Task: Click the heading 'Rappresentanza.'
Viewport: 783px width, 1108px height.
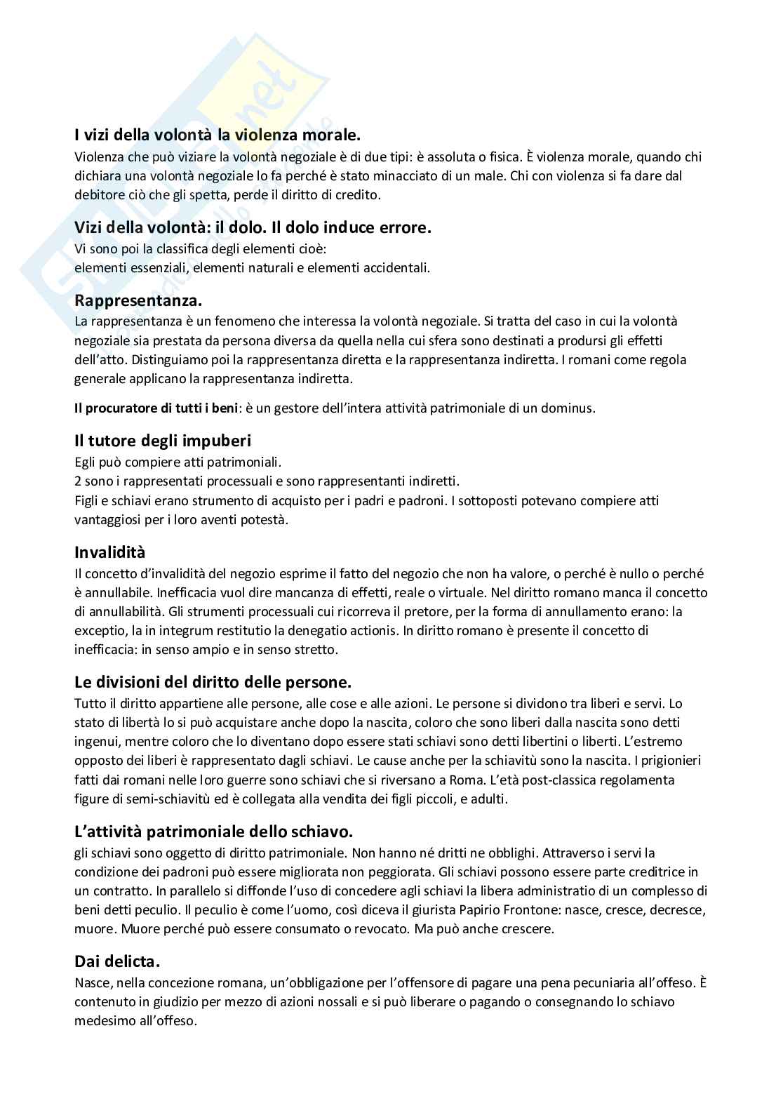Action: [138, 301]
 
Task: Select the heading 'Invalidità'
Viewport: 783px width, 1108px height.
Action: [109, 552]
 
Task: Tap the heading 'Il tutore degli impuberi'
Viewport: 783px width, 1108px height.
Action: [163, 441]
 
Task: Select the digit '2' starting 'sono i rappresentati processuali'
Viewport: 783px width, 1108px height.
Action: [78, 482]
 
